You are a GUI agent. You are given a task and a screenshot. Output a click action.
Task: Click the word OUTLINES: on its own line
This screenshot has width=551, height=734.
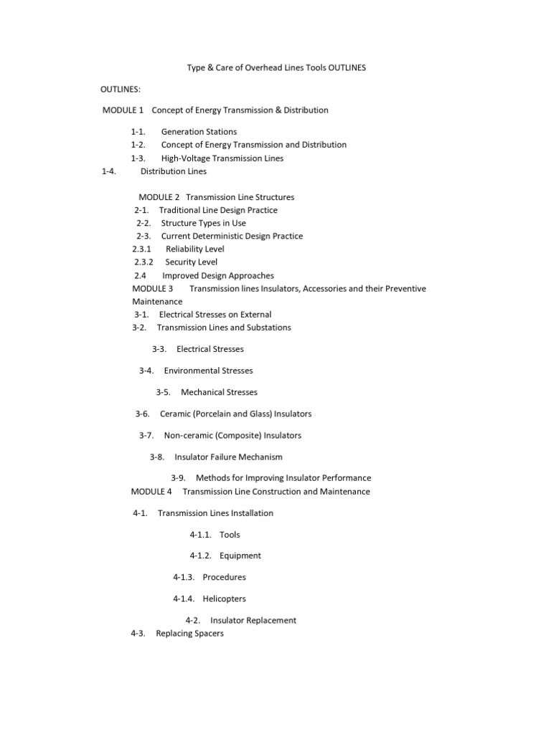(x=121, y=89)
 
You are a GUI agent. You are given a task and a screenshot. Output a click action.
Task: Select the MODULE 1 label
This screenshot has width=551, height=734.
(x=123, y=110)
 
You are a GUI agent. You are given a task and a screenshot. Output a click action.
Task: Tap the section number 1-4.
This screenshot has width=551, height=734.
(x=109, y=171)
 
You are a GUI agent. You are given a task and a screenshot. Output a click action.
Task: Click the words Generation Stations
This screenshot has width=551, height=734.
(x=199, y=132)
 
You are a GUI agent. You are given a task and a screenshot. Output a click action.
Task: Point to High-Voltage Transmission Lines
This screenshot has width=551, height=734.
(x=222, y=158)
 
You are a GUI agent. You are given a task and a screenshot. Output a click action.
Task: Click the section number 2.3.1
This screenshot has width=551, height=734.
(x=142, y=249)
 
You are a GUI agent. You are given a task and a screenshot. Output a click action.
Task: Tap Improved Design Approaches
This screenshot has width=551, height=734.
(x=218, y=275)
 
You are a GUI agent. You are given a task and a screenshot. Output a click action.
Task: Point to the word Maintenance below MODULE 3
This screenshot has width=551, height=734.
(x=157, y=302)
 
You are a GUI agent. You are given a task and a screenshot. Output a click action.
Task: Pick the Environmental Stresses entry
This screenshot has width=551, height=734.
(x=208, y=371)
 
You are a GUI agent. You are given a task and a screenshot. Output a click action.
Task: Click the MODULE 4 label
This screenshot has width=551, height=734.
(x=151, y=492)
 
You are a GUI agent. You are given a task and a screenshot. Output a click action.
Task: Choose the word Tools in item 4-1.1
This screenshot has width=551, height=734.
(x=230, y=535)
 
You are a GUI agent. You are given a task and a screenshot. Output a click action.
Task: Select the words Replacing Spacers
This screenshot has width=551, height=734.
(x=189, y=634)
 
